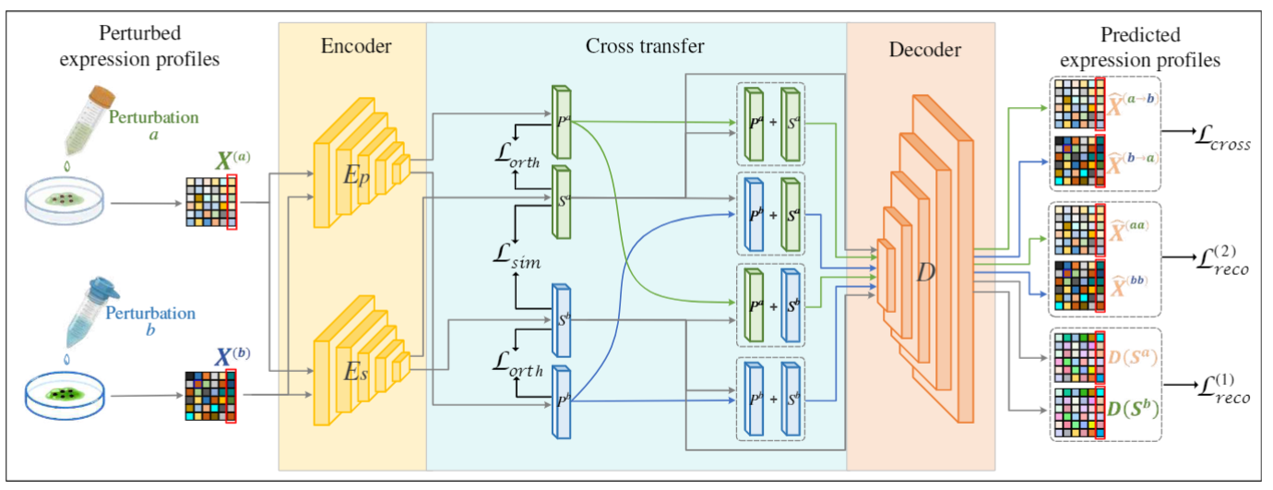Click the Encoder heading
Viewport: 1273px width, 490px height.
352,45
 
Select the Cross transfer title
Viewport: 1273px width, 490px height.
636,45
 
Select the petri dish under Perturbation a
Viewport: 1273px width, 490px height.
65,199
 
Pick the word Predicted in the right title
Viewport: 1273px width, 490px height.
1140,36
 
